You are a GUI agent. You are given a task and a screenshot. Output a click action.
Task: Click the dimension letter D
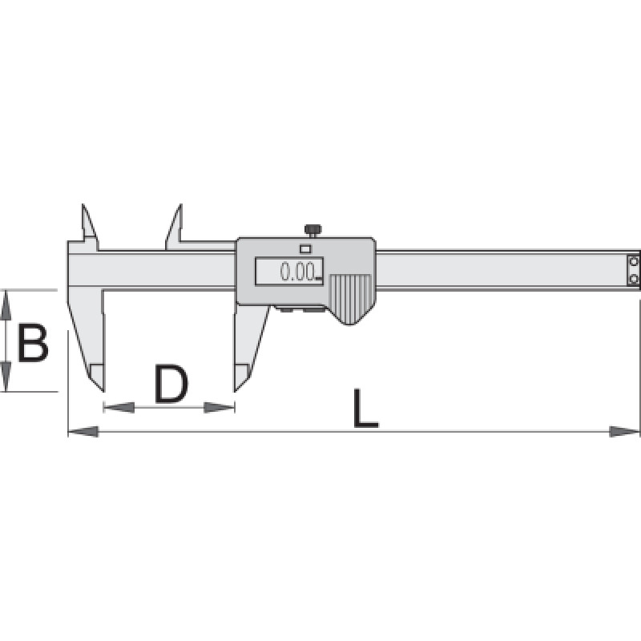[171, 384]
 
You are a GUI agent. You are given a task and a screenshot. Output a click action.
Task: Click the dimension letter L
[365, 408]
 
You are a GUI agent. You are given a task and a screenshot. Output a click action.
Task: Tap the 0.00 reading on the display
[297, 272]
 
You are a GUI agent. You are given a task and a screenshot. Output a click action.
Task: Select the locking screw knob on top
[312, 230]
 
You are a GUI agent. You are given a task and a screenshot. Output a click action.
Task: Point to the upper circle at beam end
[634, 261]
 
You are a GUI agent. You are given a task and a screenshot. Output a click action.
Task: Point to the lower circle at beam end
[634, 279]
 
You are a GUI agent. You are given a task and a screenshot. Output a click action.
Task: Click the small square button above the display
[305, 248]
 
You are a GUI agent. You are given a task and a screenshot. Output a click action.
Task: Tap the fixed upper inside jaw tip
[83, 204]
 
